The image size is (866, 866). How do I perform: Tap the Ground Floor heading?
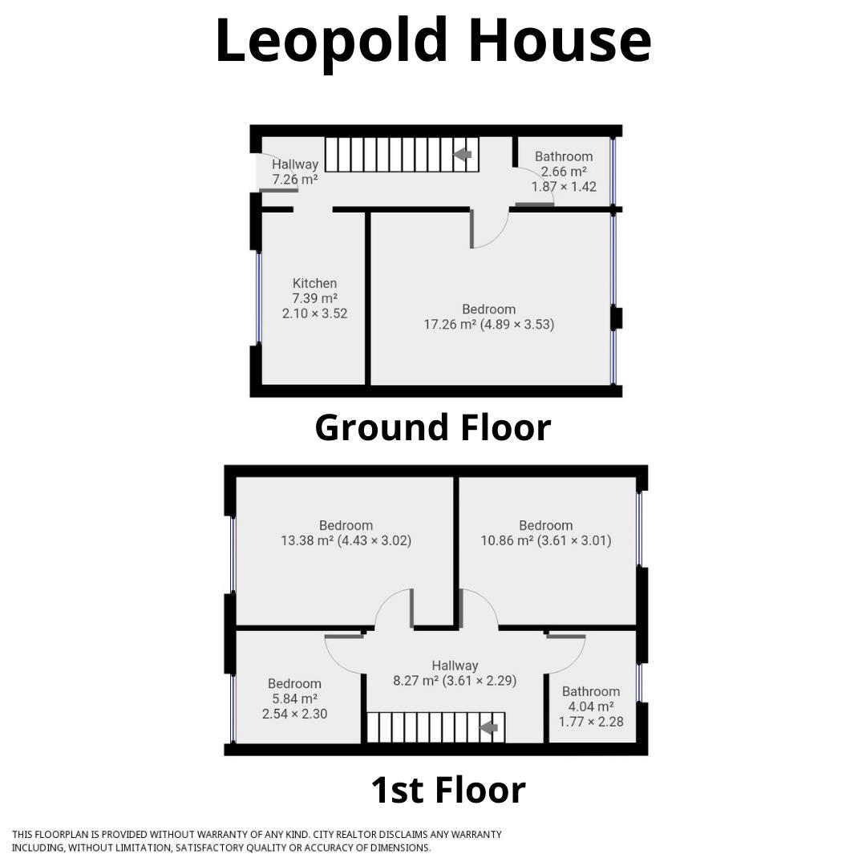pyautogui.click(x=433, y=427)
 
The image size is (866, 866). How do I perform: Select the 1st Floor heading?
pyautogui.click(x=447, y=790)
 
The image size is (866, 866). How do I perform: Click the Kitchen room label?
pyautogui.click(x=314, y=283)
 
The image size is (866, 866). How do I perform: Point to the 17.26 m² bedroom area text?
pyautogui.click(x=488, y=325)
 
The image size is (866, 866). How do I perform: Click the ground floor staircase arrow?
pyautogui.click(x=463, y=155)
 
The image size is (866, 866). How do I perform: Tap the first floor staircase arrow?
pyautogui.click(x=488, y=728)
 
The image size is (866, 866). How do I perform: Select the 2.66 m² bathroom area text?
pyautogui.click(x=564, y=172)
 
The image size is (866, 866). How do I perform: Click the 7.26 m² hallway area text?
pyautogui.click(x=294, y=180)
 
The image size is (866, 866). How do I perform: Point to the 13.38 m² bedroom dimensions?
pyautogui.click(x=346, y=540)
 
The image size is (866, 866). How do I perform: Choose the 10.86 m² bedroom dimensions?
pyautogui.click(x=545, y=540)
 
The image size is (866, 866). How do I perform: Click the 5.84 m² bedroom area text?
pyautogui.click(x=294, y=698)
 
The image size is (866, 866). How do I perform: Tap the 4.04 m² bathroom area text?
pyautogui.click(x=591, y=706)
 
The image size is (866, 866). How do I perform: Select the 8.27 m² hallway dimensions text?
pyautogui.click(x=454, y=681)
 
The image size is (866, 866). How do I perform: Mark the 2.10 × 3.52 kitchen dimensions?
pyautogui.click(x=314, y=314)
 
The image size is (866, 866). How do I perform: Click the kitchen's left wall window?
pyautogui.click(x=258, y=297)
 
